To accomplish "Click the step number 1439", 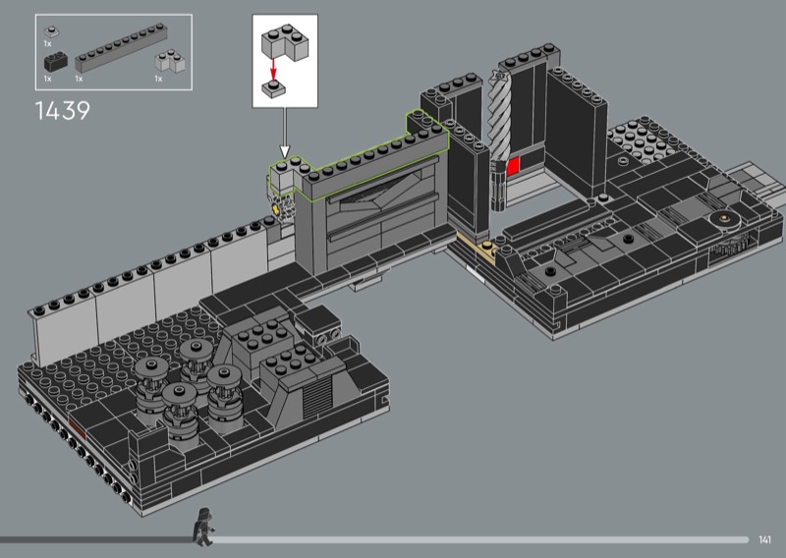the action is tap(63, 111).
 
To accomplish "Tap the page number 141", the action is tap(764, 540).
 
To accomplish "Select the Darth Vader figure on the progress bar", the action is tap(203, 527).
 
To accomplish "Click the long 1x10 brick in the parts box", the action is tap(121, 48).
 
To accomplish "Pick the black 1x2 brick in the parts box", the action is tap(56, 62).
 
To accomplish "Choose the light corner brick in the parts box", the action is tap(170, 61).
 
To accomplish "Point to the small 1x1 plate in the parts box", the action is tap(52, 32).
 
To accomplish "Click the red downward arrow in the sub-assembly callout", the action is tap(273, 69).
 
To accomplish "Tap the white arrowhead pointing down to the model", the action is tap(285, 152).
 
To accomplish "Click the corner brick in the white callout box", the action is tap(284, 44).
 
